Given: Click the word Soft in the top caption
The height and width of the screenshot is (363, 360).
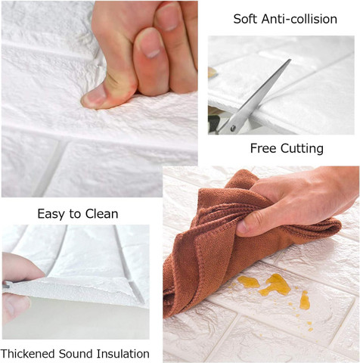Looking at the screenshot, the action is (245, 19).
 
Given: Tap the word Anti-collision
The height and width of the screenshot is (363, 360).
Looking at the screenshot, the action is (299, 19).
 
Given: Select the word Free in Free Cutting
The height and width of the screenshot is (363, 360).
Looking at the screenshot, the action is (263, 148).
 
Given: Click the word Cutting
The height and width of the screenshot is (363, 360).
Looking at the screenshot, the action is (302, 148).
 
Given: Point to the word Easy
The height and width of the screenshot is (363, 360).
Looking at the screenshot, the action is (51, 214).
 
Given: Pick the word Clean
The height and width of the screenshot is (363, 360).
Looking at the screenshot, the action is (101, 213).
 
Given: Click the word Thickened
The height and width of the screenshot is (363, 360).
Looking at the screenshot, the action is (28, 353).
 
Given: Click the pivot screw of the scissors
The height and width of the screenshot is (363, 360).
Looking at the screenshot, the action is (233, 128).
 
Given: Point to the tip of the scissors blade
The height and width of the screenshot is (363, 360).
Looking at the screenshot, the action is (290, 60).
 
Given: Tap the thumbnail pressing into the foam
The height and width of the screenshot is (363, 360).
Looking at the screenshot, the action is (94, 97).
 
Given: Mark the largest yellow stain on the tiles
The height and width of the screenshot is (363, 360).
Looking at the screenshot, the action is (276, 285).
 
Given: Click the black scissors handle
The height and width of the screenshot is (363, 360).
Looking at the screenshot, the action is (213, 124).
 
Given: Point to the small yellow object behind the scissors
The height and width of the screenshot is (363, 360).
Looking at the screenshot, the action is (212, 73).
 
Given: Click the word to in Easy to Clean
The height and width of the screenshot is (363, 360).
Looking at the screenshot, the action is (75, 214).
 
